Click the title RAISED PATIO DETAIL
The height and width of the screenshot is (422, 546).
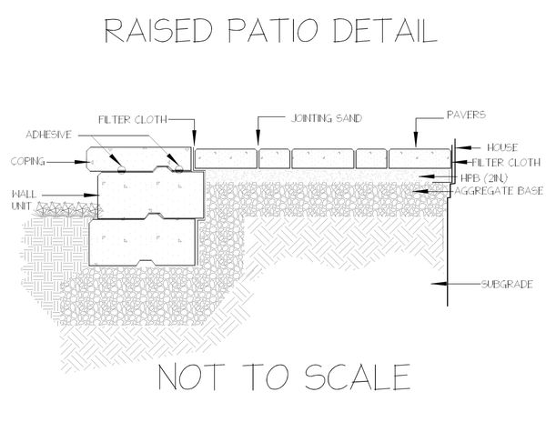pos(271,31)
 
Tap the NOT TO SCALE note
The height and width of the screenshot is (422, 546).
pos(284,377)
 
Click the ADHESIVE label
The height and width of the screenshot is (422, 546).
pos(49,135)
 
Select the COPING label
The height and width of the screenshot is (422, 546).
pos(28,161)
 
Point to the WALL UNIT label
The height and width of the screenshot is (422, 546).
pos(24,200)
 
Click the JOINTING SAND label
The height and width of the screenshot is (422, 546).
pos(327,118)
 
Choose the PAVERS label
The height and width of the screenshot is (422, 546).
pos(466,115)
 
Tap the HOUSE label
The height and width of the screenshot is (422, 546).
pos(502,147)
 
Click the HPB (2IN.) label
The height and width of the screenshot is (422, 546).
pos(484,178)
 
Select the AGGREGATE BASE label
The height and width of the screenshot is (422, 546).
pos(499,191)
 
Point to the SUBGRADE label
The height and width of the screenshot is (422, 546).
pos(507,285)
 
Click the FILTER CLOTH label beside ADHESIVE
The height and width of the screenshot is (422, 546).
pos(133,120)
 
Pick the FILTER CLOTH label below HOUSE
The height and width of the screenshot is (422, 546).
pos(506,163)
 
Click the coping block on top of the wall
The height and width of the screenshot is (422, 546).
pos(139,159)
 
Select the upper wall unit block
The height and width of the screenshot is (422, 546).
pos(150,196)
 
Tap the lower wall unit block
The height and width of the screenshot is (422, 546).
pos(143,242)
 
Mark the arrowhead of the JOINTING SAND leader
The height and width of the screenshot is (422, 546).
pos(258,137)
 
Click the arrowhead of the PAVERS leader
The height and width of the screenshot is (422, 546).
pos(416,140)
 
